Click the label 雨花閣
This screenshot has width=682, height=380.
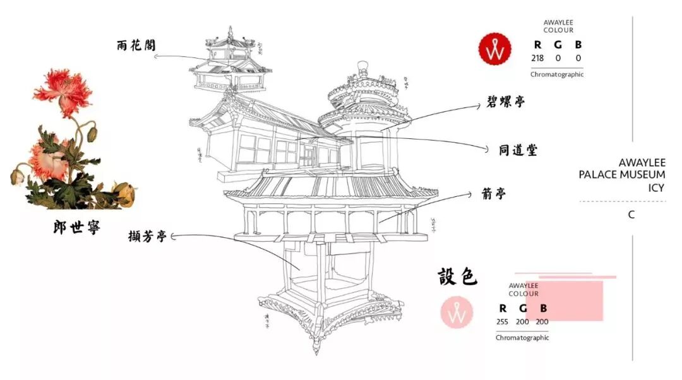(136, 45)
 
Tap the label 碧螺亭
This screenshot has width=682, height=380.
(505, 102)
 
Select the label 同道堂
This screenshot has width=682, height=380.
(517, 150)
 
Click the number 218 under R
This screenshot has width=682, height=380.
(537, 59)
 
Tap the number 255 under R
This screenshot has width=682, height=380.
(502, 322)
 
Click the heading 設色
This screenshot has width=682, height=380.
(458, 276)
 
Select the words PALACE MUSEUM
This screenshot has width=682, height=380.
(621, 175)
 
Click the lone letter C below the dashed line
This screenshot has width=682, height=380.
(631, 215)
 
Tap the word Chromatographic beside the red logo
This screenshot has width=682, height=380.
(557, 74)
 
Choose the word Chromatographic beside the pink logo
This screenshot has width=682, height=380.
(522, 338)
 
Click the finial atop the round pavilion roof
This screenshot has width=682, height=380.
(362, 65)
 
